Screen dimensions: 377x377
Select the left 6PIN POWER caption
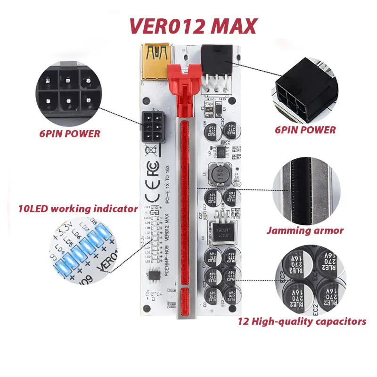pos(70,133)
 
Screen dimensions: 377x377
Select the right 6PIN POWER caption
pos(305,130)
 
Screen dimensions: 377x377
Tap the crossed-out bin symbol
pos(152,150)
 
